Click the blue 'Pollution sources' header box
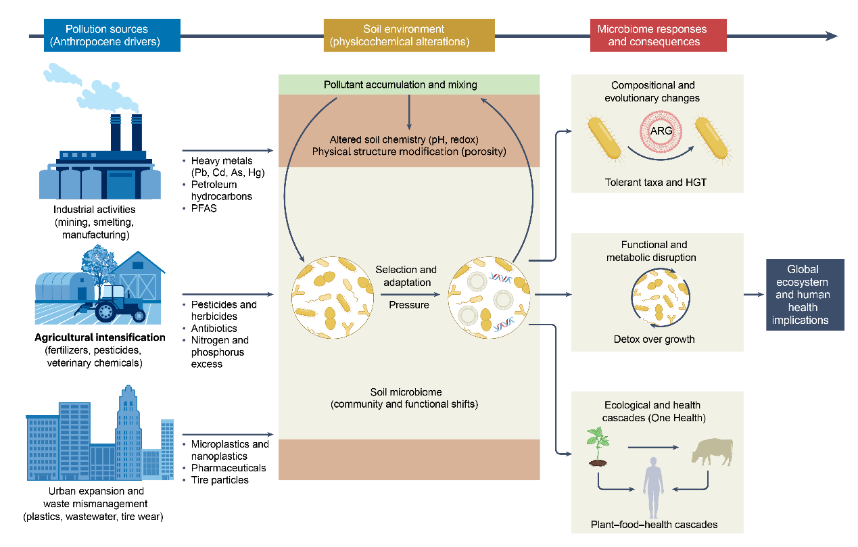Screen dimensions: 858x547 pos(112,35)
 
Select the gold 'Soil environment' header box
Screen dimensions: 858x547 pos(409,35)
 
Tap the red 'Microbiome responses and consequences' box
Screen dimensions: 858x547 pos(658,35)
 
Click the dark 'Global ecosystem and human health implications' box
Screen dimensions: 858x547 pos(805,295)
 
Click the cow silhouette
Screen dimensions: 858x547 pos(712,452)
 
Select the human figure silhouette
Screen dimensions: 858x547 pos(653,487)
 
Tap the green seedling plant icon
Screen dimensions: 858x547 pos(598,447)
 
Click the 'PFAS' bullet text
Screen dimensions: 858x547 pos(204,208)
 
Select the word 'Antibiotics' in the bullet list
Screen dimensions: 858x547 pos(214,329)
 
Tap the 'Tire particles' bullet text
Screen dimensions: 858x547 pos(220,480)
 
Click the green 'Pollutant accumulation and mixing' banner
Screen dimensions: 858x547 pos(409,85)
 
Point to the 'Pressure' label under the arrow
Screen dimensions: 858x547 pos(408,305)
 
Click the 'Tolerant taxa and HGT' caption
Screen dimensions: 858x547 pos(655,183)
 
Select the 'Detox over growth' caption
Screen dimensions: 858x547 pos(654,339)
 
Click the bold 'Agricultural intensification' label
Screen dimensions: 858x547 pos(100,337)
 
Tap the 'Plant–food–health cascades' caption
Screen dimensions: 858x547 pos(654,525)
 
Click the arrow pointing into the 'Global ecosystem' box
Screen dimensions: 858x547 pos(753,295)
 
